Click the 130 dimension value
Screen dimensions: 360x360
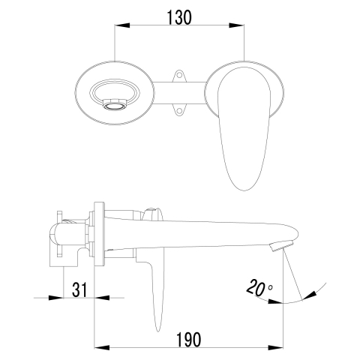coord(179,17)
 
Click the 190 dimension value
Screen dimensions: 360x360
coord(189,340)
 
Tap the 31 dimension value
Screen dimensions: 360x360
coord(79,289)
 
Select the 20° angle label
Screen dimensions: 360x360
coord(259,287)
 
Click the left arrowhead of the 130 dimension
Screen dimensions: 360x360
coord(122,25)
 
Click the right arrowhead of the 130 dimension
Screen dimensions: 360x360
coord(236,25)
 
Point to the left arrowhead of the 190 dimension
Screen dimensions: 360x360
coord(102,348)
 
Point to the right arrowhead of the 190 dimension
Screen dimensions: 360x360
coord(276,348)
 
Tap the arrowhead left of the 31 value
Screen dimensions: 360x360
coord(56,298)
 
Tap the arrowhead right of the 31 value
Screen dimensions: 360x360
coord(102,298)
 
